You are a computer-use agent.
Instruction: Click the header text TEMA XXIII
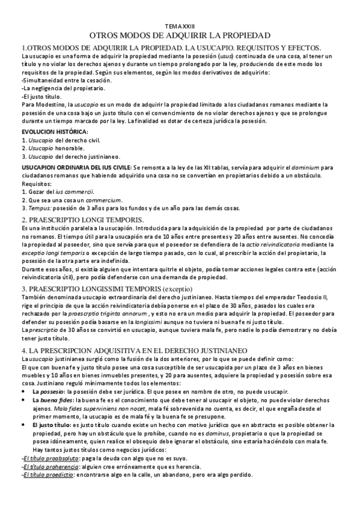pos(179,26)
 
